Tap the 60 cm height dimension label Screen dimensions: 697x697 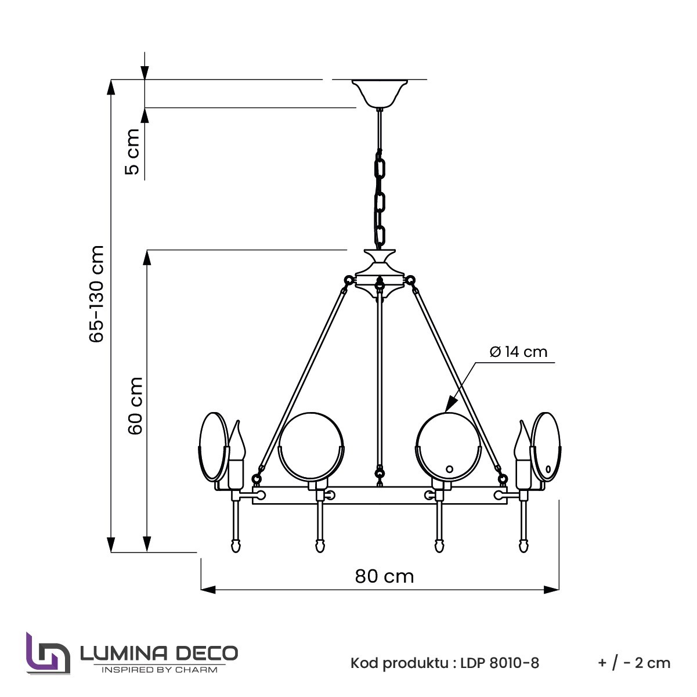136,406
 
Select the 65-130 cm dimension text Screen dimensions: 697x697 96,293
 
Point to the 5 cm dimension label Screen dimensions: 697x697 132,151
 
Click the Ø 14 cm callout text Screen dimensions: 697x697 518,352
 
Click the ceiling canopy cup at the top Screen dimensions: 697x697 380,93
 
